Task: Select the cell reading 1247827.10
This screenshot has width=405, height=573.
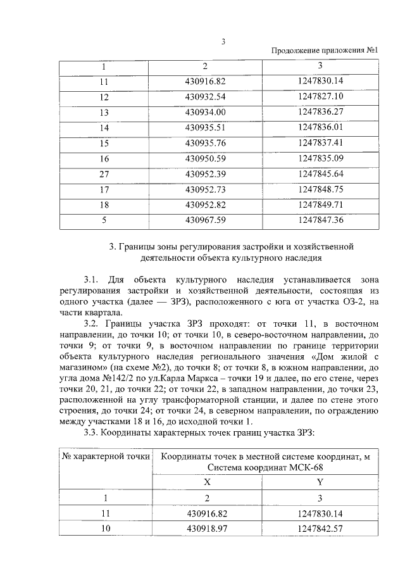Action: tap(320, 96)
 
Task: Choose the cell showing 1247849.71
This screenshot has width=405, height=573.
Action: tap(320, 205)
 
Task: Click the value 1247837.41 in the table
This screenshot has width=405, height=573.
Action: tap(320, 142)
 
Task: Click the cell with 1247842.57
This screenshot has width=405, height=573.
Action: tap(320, 527)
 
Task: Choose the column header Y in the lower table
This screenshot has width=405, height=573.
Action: tap(320, 482)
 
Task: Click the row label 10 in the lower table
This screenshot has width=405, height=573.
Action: tap(104, 527)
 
